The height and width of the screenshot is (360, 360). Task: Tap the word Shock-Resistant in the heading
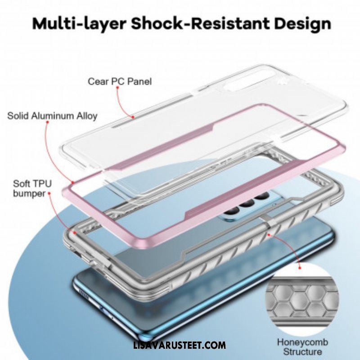point(200,23)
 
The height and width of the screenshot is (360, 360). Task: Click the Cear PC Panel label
point(120,81)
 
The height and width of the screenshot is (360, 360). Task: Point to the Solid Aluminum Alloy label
point(52,116)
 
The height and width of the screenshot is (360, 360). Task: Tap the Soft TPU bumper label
point(32,189)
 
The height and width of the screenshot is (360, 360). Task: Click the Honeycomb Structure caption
point(302,347)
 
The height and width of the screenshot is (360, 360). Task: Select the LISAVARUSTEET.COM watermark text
point(179,345)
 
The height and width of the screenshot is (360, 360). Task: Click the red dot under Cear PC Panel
point(117,87)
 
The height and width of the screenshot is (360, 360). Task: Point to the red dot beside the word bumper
point(49,193)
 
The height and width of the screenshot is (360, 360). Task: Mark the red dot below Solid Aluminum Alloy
point(48,122)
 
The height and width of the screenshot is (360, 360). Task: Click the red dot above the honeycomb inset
point(299,268)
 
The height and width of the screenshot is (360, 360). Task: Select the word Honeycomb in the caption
point(302,342)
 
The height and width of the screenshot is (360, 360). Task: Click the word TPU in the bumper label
point(42,184)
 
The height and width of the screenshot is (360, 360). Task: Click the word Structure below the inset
point(302,352)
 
